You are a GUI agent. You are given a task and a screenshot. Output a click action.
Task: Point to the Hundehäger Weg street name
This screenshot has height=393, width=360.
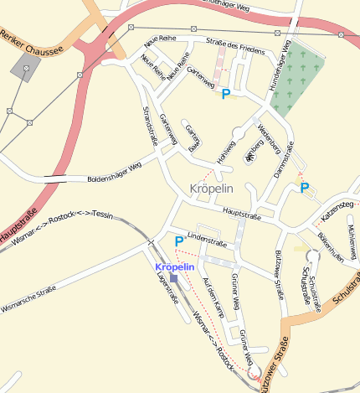278,75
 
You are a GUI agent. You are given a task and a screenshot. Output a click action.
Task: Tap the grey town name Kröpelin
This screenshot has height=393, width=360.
213,188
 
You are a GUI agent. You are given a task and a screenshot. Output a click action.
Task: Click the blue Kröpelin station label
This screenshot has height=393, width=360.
175,266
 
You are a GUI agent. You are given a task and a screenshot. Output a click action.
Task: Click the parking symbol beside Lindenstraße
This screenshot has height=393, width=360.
178,241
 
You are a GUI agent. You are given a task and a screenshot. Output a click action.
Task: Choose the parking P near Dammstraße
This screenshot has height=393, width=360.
304,189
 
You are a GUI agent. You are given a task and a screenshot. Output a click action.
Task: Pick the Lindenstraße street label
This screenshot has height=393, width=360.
208,239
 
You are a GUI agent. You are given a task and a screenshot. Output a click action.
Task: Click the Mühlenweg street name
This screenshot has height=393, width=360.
351,243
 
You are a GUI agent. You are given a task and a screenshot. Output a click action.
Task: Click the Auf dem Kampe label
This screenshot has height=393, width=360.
213,301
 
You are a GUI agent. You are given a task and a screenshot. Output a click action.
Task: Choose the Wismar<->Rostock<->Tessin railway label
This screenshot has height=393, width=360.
64,219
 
